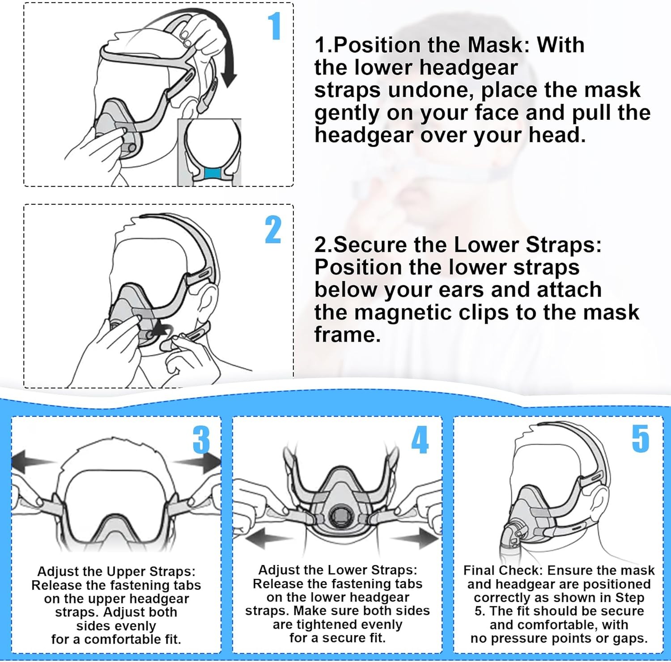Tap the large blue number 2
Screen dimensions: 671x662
tap(273, 229)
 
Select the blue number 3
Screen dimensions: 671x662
tap(201, 440)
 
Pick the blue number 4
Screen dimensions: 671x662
tap(420, 440)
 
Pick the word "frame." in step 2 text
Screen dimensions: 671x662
tap(348, 335)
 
